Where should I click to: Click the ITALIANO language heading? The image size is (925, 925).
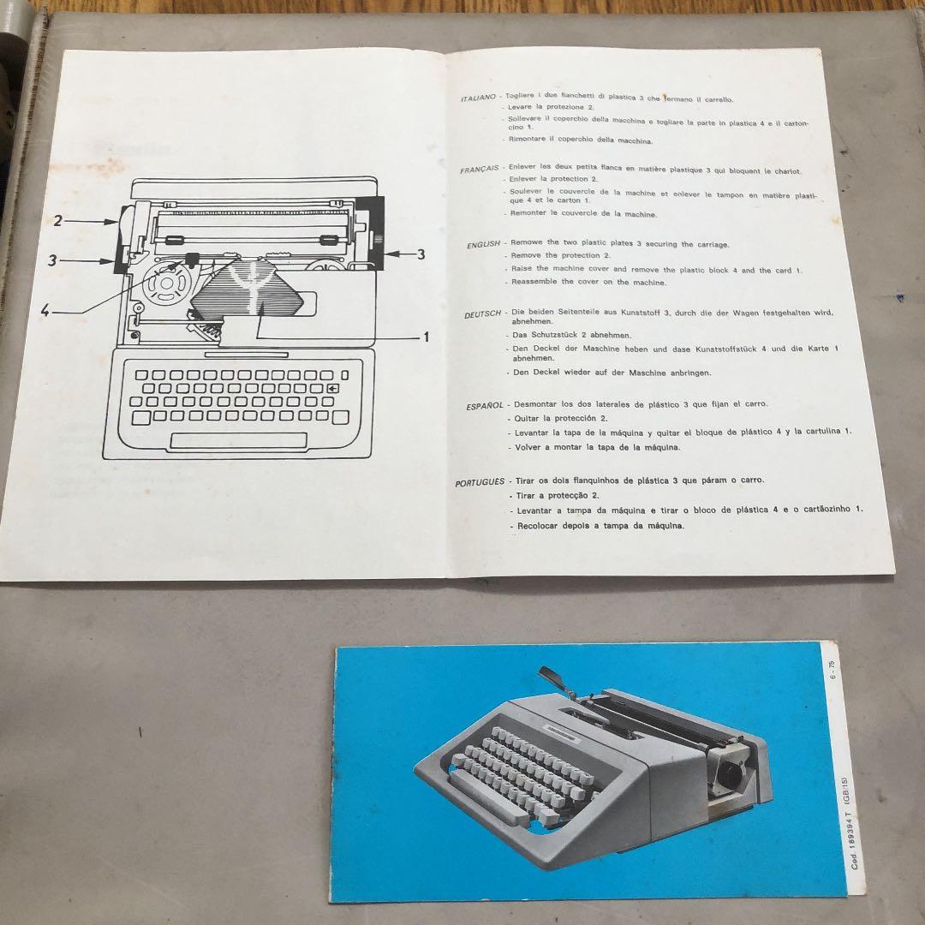coord(479,98)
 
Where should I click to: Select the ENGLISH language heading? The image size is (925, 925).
coord(483,244)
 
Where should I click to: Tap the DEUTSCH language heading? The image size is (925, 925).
coord(483,314)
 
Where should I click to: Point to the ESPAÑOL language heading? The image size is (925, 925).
coord(485,406)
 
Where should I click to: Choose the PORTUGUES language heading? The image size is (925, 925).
coord(480,483)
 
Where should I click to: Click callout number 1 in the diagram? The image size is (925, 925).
coord(426,337)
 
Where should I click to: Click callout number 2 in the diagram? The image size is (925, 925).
coord(58,221)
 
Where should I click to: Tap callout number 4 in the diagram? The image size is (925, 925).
coord(45,311)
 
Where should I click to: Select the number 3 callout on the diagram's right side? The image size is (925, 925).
coord(421,254)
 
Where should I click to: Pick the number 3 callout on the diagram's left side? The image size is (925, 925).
coord(52,260)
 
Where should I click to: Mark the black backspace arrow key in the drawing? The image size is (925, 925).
coord(332,389)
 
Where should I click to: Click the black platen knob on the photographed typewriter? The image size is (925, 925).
coord(731,777)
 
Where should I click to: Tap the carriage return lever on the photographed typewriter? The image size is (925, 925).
coord(553,677)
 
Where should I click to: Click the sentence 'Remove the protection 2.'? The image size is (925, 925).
coord(560,256)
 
